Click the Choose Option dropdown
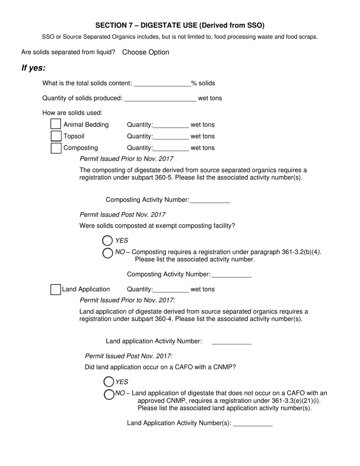pyautogui.click(x=146, y=52)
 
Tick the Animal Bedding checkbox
pyautogui.click(x=56, y=124)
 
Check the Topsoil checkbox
pyautogui.click(x=56, y=136)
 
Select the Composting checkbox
pyautogui.click(x=56, y=148)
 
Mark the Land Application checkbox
pyautogui.click(x=56, y=289)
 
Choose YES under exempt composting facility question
pyautogui.click(x=108, y=241)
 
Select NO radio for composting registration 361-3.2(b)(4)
pyautogui.click(x=108, y=253)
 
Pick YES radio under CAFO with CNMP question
pyautogui.click(x=109, y=382)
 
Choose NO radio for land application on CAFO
pyautogui.click(x=109, y=394)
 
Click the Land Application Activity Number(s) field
pyautogui.click(x=253, y=423)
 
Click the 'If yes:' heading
pyautogui.click(x=33, y=68)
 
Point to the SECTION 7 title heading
pyautogui.click(x=180, y=25)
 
